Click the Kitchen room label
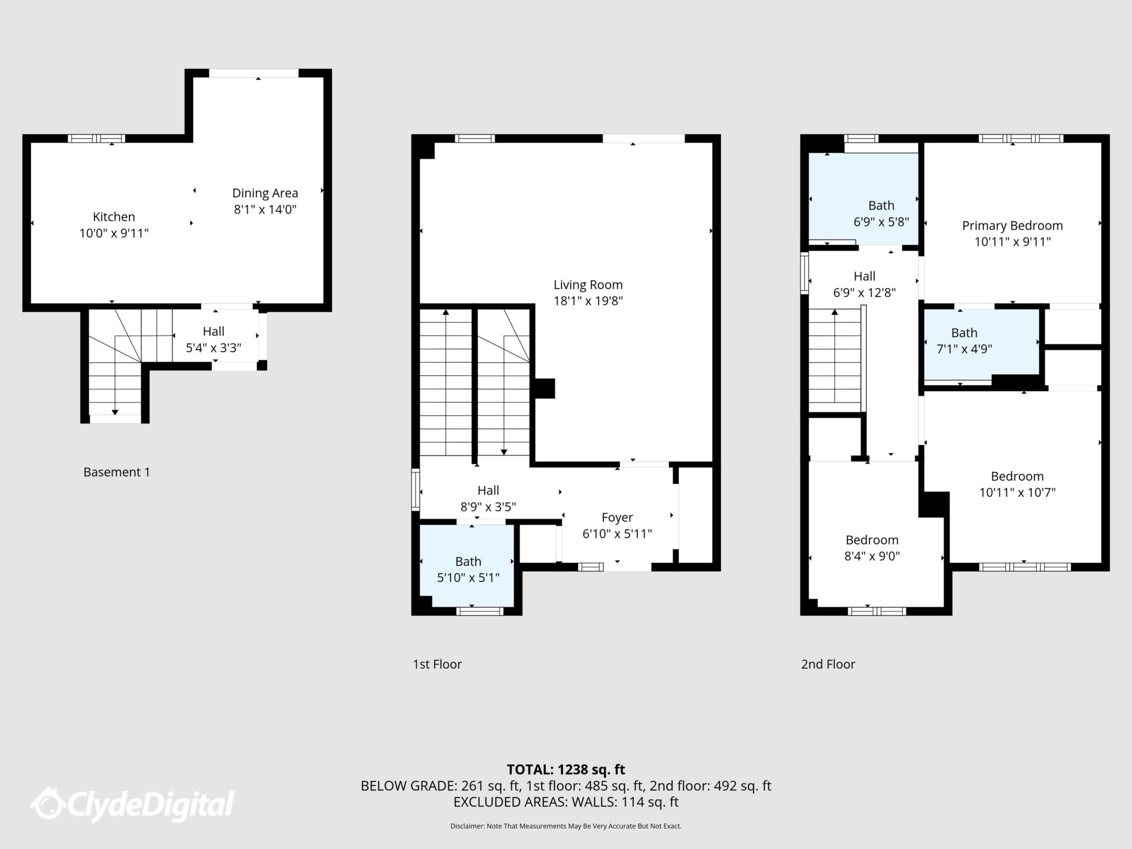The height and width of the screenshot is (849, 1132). [114, 217]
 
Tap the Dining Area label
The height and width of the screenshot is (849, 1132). [265, 193]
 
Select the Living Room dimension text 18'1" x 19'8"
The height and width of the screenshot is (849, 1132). [588, 301]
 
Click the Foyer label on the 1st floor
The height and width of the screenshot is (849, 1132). [617, 518]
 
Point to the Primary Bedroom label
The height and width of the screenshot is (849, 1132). [1012, 226]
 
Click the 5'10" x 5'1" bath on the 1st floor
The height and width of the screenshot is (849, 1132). [468, 570]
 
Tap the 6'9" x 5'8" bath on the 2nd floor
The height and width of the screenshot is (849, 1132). [881, 214]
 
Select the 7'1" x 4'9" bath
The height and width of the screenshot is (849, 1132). [964, 341]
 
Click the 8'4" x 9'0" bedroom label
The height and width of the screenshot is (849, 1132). [872, 548]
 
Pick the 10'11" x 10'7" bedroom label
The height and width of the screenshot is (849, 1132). [1017, 484]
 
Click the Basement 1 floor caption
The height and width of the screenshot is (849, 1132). [117, 472]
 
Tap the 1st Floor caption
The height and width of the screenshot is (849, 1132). [437, 664]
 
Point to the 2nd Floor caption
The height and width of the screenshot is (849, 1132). [828, 664]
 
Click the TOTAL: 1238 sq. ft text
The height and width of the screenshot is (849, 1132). [565, 769]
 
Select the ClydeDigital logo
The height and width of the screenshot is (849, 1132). [133, 804]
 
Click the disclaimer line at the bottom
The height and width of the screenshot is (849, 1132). [565, 826]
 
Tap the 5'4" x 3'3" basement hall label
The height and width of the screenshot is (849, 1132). [213, 339]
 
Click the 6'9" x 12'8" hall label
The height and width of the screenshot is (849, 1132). [864, 284]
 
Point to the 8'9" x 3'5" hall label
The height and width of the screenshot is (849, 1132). [488, 499]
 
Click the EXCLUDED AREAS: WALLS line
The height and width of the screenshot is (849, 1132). [565, 802]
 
